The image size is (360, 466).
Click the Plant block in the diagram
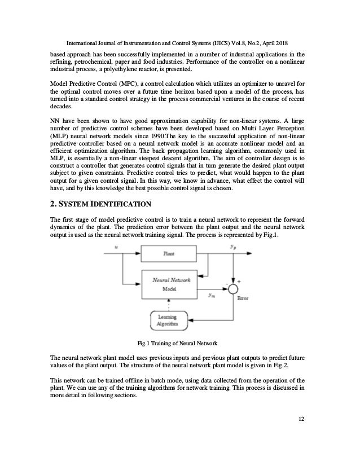[x=169, y=254]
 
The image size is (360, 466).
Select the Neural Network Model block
[x=169, y=283]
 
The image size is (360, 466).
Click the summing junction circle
[x=231, y=289]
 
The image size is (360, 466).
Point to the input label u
[x=117, y=247]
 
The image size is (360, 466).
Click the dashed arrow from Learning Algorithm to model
[x=169, y=304]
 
